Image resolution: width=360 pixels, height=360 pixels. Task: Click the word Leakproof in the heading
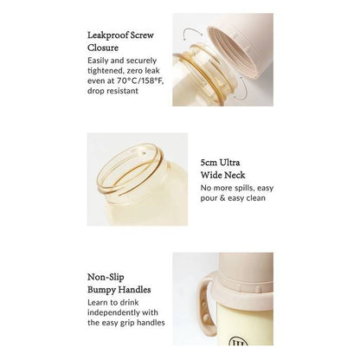pos(108,35)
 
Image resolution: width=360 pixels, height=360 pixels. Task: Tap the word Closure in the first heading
pos(103,48)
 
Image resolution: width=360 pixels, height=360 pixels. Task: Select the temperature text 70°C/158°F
pos(140,80)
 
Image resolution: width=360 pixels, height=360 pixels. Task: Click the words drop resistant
pos(113,91)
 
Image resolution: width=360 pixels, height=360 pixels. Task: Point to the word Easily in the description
pos(98,61)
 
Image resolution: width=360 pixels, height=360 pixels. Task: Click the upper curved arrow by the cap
pos(192,32)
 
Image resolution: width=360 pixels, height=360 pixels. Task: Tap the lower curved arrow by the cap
pos(241,89)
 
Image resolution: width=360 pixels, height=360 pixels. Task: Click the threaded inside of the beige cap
pos(232,50)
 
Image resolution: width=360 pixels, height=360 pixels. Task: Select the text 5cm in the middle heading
pos(209,163)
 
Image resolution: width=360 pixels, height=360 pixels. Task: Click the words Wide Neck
pos(223,175)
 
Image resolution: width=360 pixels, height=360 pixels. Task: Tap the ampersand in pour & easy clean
pos(222,198)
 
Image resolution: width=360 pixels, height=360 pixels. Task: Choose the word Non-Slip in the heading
pos(106,277)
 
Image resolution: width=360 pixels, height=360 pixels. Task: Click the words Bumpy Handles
pos(119,290)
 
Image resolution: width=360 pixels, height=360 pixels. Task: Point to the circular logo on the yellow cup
pos(238,341)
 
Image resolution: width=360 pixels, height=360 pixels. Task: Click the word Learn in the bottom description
pos(97,303)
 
